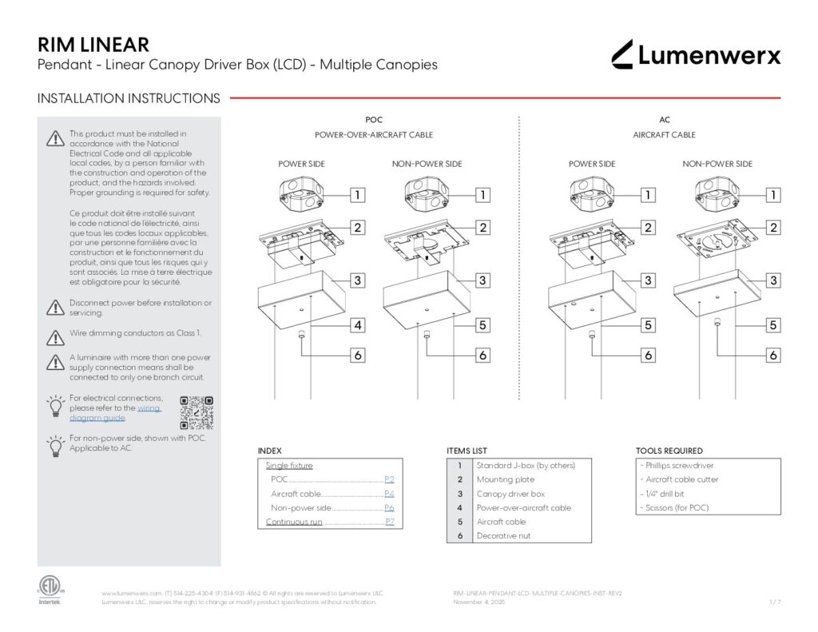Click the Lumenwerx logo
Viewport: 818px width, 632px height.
pos(695,54)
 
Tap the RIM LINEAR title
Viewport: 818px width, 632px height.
pos(93,45)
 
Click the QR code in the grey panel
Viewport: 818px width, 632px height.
pos(197,412)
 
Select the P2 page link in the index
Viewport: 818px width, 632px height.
pos(389,479)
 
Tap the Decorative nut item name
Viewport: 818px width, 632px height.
pos(502,536)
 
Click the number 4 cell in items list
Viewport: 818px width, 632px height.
pos(459,507)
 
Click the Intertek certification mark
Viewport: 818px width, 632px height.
pos(49,590)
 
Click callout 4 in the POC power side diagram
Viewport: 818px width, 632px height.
pos(359,325)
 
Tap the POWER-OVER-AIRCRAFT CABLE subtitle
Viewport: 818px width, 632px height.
pos(374,135)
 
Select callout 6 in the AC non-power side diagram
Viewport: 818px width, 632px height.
pos(773,355)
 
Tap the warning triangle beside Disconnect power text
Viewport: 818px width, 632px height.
pos(55,308)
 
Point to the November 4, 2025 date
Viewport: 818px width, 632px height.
pos(478,602)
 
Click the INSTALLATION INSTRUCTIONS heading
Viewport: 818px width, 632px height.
pos(129,98)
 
